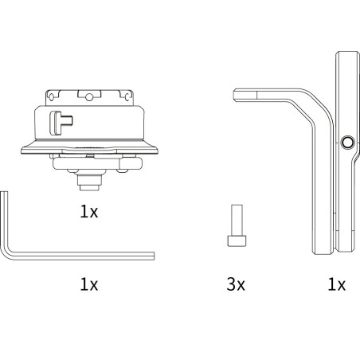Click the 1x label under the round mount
(x=89, y=212)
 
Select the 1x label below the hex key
(x=89, y=284)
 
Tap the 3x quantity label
(x=236, y=284)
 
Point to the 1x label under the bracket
(x=337, y=284)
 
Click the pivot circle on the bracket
(x=347, y=143)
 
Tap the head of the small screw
(x=237, y=241)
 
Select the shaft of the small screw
(x=237, y=220)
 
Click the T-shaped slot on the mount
(x=61, y=123)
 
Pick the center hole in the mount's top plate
(x=89, y=97)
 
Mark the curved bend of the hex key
(x=7, y=253)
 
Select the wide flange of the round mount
(x=89, y=149)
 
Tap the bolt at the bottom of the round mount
(x=89, y=182)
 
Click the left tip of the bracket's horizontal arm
(x=233, y=95)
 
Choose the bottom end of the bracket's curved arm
(x=323, y=253)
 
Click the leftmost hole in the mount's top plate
(x=51, y=97)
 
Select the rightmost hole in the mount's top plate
(x=128, y=97)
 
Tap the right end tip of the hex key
(x=154, y=256)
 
